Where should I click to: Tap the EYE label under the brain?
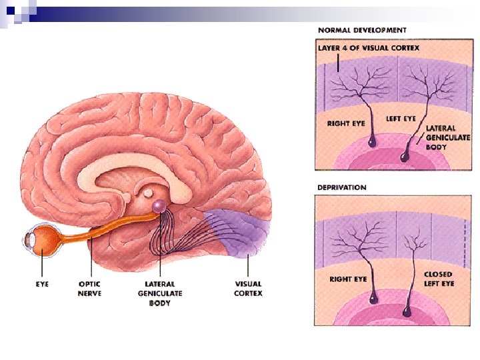[x=41, y=284]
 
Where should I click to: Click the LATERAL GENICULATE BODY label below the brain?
[x=160, y=293]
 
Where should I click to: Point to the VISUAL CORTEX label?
[x=248, y=289]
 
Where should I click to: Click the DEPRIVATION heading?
[x=341, y=187]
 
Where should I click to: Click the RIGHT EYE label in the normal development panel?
[x=345, y=123]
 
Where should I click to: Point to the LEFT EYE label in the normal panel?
[x=401, y=119]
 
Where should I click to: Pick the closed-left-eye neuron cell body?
[x=407, y=311]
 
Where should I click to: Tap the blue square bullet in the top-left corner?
[x=10, y=9]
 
